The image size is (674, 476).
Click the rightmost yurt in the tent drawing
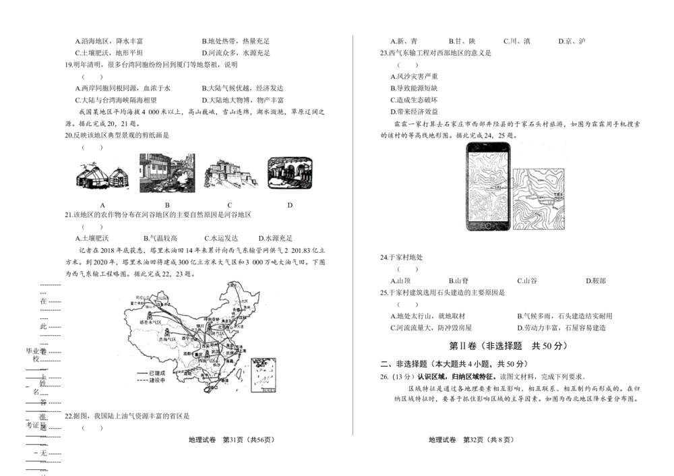point(119,179)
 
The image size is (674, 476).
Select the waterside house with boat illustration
point(167,173)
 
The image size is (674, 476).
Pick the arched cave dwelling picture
point(290,173)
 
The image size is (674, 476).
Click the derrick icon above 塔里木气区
point(149,316)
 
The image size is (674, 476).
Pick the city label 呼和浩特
point(212,318)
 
